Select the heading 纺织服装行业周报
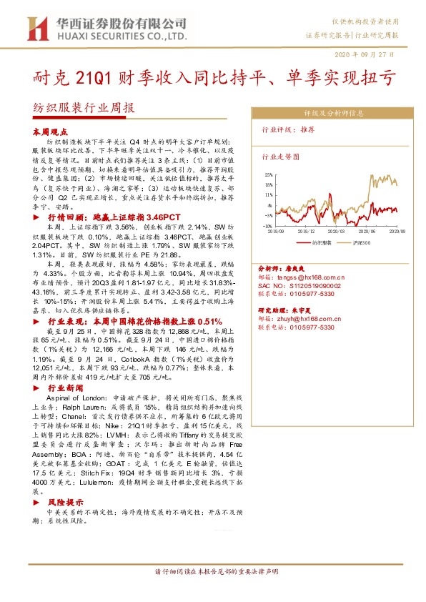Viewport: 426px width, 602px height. click(x=84, y=109)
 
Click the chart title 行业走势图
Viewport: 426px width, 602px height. click(x=279, y=155)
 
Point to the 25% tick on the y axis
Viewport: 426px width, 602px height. click(x=269, y=174)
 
